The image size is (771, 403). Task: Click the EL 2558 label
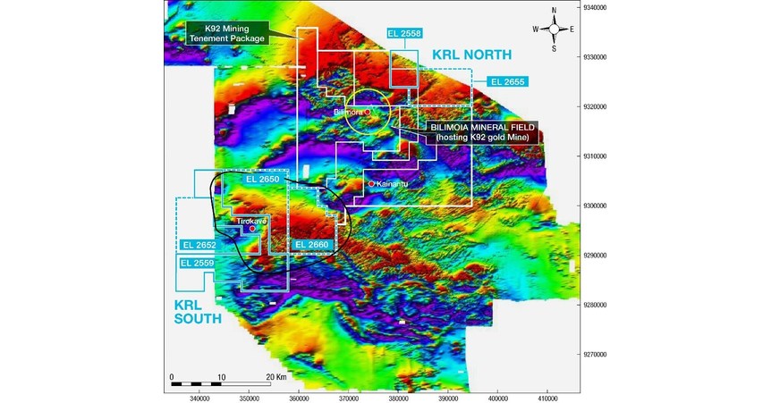click(404, 33)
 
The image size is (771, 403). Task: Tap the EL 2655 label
click(507, 81)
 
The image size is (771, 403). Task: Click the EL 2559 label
click(198, 263)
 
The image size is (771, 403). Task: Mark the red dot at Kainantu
click(372, 184)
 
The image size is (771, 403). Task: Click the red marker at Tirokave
click(253, 229)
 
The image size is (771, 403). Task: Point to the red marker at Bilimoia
click(368, 113)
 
